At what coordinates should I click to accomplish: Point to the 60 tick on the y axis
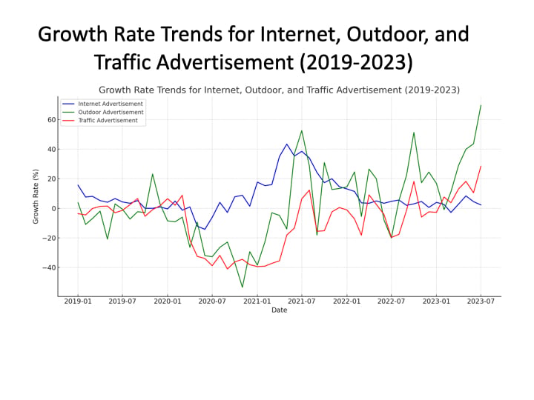tap(51, 120)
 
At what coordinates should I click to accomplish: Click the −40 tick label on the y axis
tap(49, 267)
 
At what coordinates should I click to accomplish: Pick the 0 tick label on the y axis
tap(53, 208)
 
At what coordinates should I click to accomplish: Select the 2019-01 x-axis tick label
tap(78, 301)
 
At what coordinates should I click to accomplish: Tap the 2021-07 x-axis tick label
tap(301, 301)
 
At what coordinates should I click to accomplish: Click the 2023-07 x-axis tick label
tap(481, 301)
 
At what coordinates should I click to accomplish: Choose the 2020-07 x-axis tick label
tap(212, 301)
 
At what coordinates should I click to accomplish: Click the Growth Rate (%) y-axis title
tap(36, 196)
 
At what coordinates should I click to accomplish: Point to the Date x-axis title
tap(280, 310)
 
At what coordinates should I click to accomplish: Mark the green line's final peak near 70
tap(481, 105)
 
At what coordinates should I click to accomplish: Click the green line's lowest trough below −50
tap(242, 287)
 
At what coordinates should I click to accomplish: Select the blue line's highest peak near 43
tap(287, 144)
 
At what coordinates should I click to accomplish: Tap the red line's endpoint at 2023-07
tap(481, 167)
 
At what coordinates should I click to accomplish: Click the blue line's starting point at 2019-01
tap(78, 185)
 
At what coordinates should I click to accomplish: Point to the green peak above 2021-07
tap(301, 131)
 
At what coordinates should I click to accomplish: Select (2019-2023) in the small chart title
tap(432, 90)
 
